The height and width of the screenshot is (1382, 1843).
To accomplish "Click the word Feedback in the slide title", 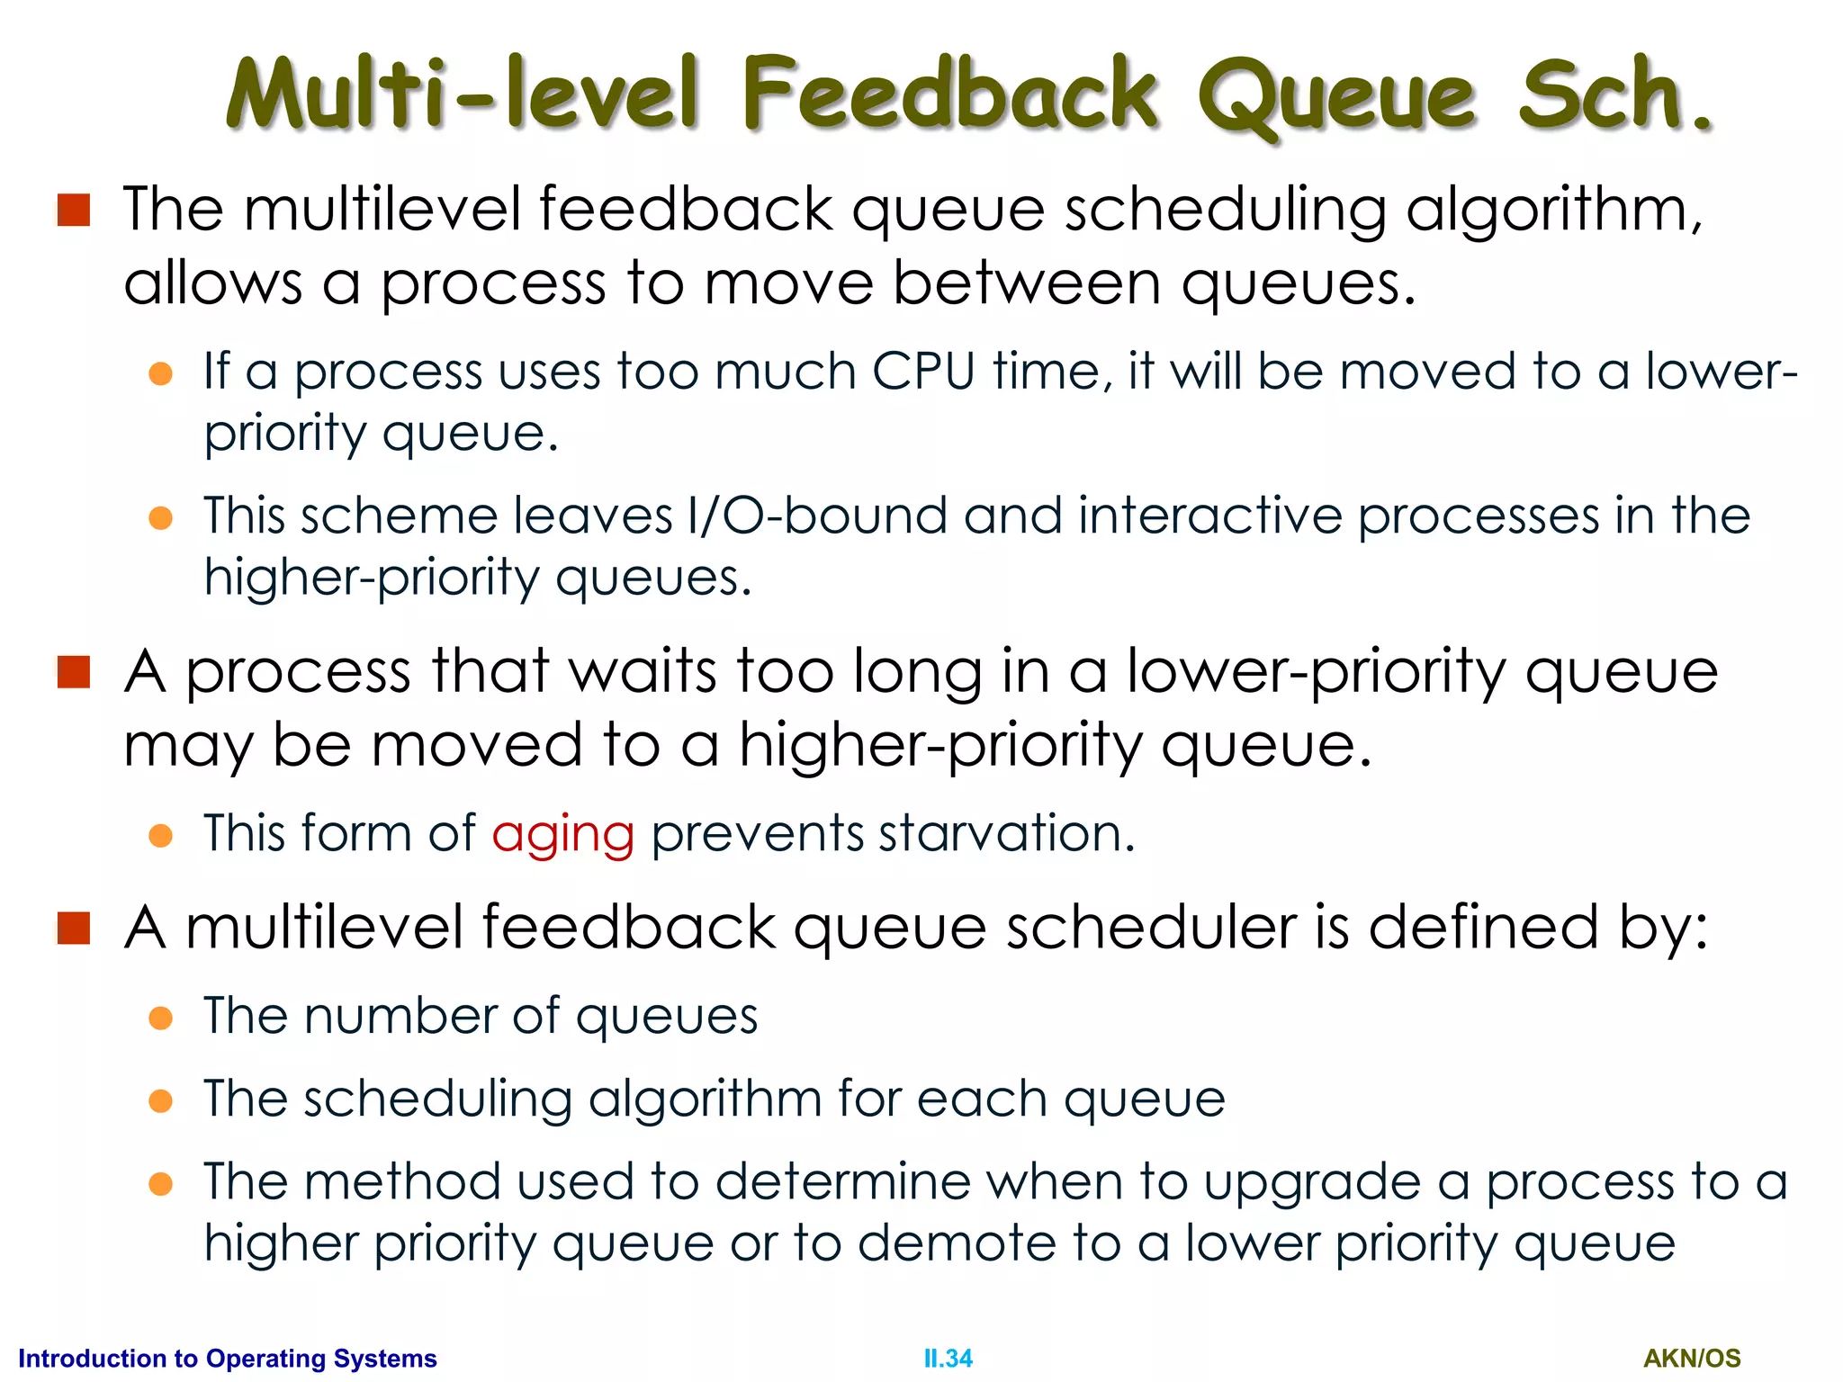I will click(x=949, y=94).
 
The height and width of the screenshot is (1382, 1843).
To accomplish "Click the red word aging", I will click(x=563, y=834).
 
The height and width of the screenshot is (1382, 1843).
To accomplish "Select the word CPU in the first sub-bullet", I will click(x=923, y=372).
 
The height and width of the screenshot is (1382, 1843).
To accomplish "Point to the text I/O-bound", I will click(x=816, y=516).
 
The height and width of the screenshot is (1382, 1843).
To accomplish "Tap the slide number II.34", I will click(x=948, y=1358).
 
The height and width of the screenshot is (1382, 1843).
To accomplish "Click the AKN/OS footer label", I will click(x=1692, y=1358).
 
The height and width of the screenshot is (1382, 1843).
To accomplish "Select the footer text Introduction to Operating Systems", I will click(x=228, y=1358).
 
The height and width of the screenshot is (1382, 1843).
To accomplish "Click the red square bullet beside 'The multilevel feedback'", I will click(x=74, y=211).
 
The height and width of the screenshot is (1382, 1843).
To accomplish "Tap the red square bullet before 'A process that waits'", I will click(x=74, y=672).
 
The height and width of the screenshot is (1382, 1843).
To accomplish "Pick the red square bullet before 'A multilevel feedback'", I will click(x=74, y=928).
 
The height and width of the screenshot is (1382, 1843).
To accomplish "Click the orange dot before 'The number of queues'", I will click(x=161, y=1018).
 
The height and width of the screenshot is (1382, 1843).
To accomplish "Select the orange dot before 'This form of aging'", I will click(x=161, y=835).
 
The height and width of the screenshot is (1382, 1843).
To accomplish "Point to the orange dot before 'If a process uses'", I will click(x=161, y=373).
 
